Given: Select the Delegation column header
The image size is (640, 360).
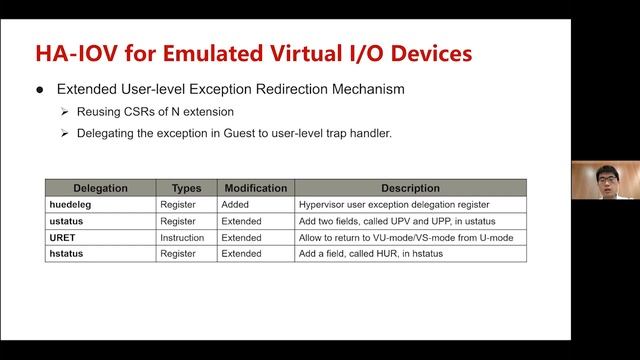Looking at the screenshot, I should click(x=98, y=188).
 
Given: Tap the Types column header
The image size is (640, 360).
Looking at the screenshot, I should click(x=186, y=188).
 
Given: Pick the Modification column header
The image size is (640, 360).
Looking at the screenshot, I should click(x=256, y=188).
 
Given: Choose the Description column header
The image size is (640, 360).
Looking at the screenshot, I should click(x=410, y=188).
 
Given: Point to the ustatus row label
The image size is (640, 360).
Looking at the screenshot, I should click(x=67, y=221).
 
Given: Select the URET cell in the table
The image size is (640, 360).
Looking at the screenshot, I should click(x=63, y=238).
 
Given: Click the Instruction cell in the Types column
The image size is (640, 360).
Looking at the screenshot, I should click(x=182, y=238).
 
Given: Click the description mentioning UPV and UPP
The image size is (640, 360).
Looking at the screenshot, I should click(x=397, y=221).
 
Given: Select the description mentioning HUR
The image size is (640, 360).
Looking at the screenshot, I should click(x=370, y=254).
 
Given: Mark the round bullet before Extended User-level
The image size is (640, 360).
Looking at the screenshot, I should click(x=40, y=89).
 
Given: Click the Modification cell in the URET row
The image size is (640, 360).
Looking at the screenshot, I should click(x=242, y=238).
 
